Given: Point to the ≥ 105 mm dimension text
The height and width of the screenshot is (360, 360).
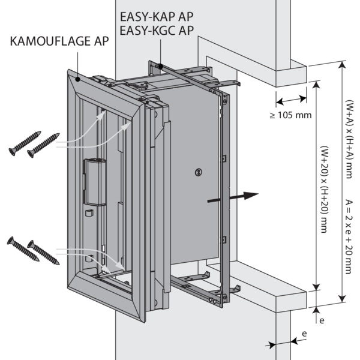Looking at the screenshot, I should (x=292, y=114).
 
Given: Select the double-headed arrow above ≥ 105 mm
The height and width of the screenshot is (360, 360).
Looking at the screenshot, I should (x=290, y=99).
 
